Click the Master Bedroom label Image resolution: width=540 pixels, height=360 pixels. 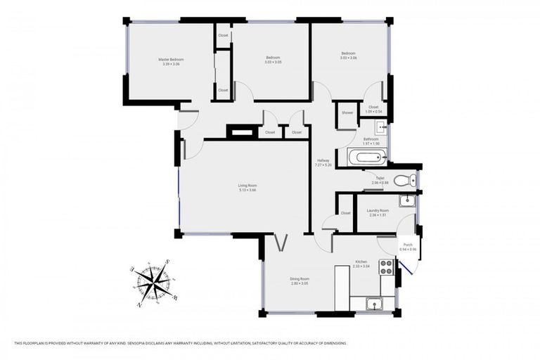(170, 60)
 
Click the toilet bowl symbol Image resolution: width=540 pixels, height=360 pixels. (404, 180)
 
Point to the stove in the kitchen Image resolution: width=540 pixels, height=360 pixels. (385, 266)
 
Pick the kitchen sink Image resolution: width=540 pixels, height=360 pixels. (374, 304)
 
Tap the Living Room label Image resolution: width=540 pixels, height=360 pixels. (247, 186)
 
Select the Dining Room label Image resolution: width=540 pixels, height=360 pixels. (300, 279)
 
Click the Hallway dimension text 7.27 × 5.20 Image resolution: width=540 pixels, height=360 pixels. (323, 165)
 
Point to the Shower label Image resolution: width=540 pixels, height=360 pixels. (347, 112)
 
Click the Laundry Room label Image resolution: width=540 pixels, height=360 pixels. (378, 210)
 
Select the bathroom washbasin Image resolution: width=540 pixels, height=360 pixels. (380, 127)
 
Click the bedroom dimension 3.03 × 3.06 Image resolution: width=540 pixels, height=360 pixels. (349, 58)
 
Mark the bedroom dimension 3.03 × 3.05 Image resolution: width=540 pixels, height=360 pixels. (273, 62)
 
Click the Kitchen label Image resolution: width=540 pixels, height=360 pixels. (361, 262)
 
